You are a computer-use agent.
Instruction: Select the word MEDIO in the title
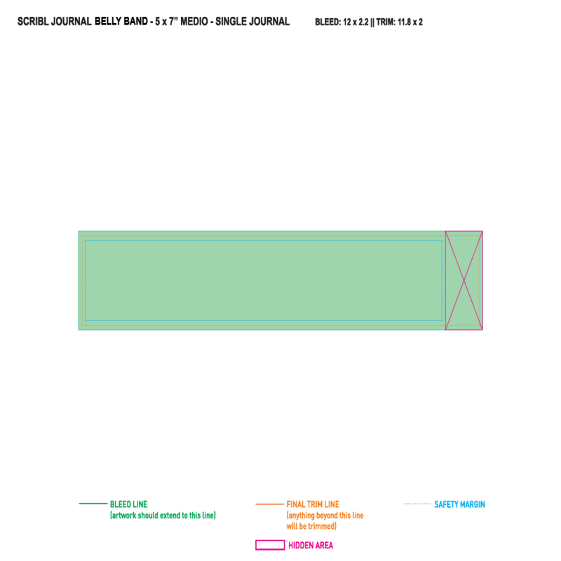(194, 22)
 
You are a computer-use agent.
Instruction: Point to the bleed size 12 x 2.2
(356, 22)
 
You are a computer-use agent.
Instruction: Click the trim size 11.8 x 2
(410, 22)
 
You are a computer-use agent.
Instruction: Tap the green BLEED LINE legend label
(129, 504)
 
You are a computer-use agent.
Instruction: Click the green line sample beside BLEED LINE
(93, 503)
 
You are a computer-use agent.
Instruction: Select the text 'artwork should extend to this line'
(163, 515)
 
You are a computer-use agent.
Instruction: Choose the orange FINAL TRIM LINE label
(313, 504)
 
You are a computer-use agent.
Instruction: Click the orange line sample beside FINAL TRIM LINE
(269, 504)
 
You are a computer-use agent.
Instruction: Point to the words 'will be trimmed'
(310, 526)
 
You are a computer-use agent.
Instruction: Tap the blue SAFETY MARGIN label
(460, 504)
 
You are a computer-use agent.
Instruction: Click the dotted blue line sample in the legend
(417, 503)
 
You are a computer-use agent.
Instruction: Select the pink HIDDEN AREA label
(311, 546)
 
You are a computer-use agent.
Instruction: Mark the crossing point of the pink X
(464, 280)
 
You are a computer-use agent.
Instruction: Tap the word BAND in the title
(135, 22)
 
